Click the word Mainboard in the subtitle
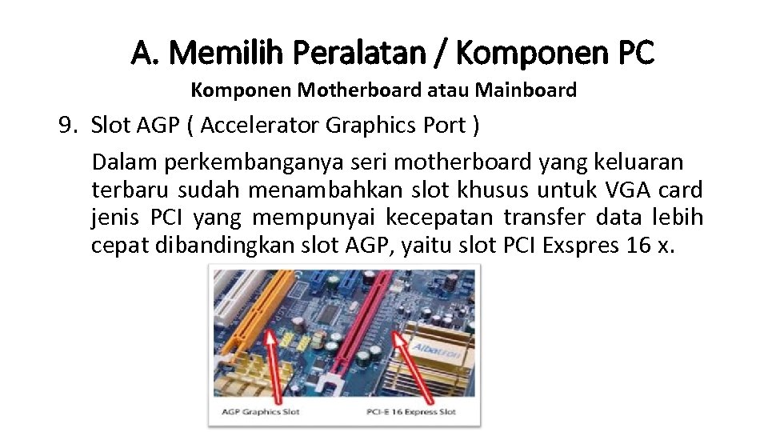point(526,90)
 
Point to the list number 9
point(66,125)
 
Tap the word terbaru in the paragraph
point(132,190)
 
